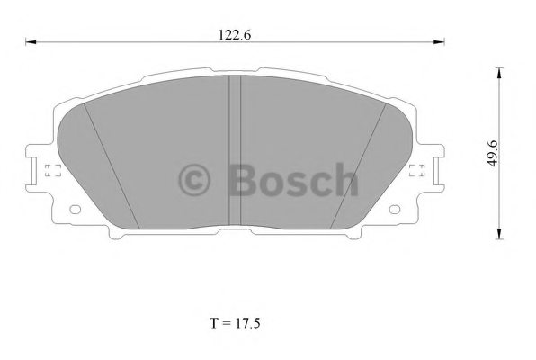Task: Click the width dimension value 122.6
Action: coord(233,35)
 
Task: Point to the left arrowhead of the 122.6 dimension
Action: coord(30,41)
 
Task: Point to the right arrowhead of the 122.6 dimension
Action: coord(441,41)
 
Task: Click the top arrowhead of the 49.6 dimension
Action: coord(498,71)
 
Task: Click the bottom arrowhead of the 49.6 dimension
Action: coord(498,236)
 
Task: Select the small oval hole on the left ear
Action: coord(75,212)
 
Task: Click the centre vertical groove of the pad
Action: coord(234,153)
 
